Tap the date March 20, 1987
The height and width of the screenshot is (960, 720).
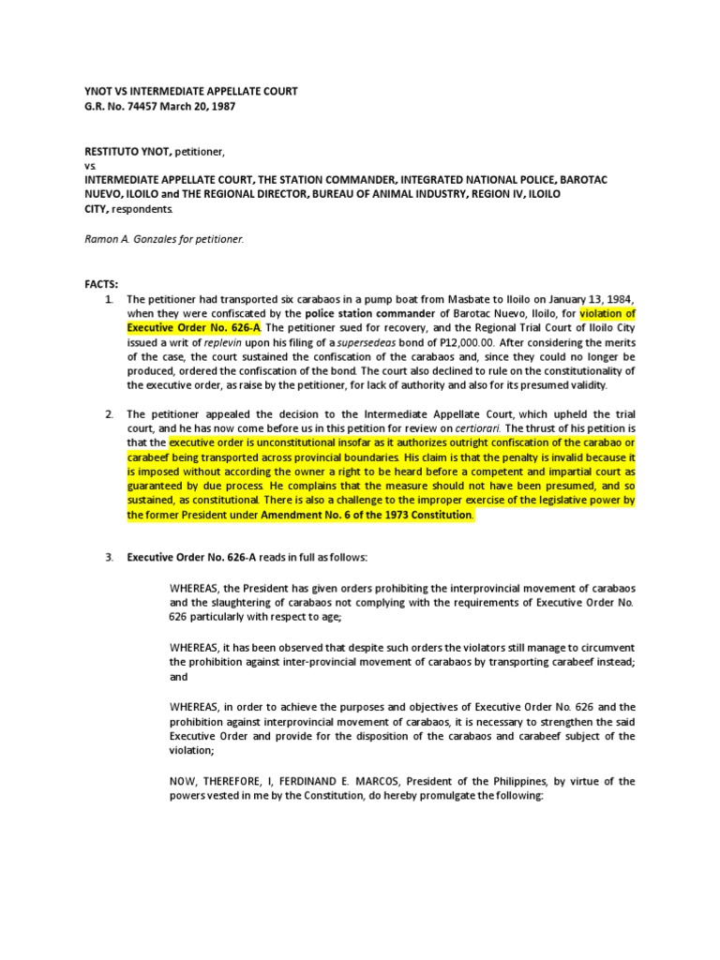click(200, 107)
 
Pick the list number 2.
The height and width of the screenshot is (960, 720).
click(110, 414)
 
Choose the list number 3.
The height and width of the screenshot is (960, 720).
click(110, 558)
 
